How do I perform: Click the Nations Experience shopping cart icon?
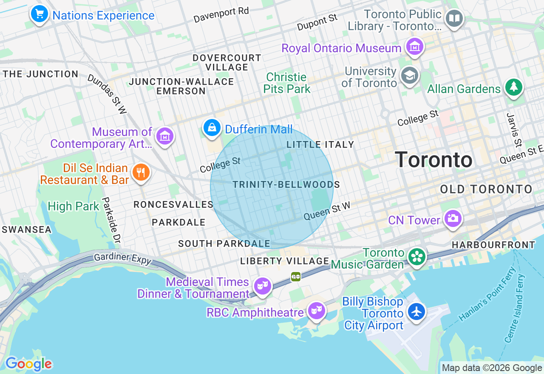coord(40,14)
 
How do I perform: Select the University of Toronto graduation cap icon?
coord(410,76)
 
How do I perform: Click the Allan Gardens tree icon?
coord(513,88)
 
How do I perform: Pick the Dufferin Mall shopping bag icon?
coord(212,127)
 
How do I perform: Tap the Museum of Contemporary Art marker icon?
coord(164,136)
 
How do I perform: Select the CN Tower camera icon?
coord(453,218)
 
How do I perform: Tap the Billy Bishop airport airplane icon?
coord(416,312)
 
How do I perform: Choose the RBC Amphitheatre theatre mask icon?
coord(317,311)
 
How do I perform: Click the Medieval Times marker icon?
coord(263,286)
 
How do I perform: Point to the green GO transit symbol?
coord(296,277)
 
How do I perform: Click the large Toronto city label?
coord(433,160)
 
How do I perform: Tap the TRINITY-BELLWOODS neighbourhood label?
coord(286,184)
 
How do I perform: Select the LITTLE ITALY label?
coord(320,144)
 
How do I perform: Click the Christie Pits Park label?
coord(287,83)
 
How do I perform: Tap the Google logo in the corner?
coord(28,364)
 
